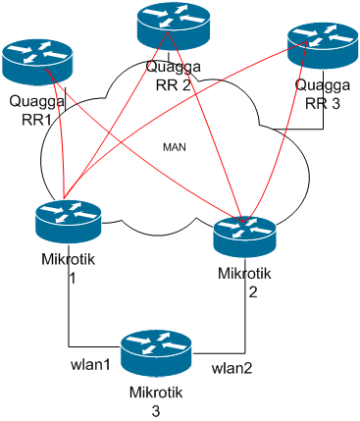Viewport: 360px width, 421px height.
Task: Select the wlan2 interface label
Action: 233,370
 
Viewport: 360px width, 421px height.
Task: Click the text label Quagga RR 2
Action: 174,75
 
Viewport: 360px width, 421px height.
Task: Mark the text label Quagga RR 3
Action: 322,92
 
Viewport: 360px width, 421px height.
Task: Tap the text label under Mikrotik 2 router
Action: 244,283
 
